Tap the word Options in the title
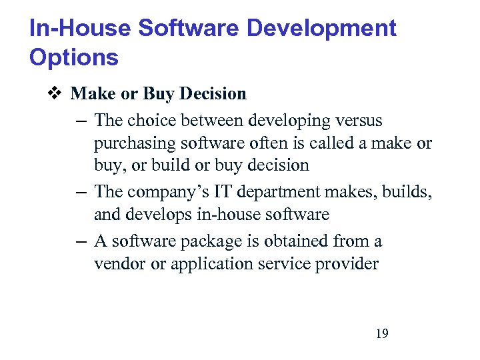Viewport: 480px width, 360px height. click(x=73, y=58)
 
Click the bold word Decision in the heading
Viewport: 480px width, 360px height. click(x=213, y=94)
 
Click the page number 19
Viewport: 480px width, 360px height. click(x=382, y=333)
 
